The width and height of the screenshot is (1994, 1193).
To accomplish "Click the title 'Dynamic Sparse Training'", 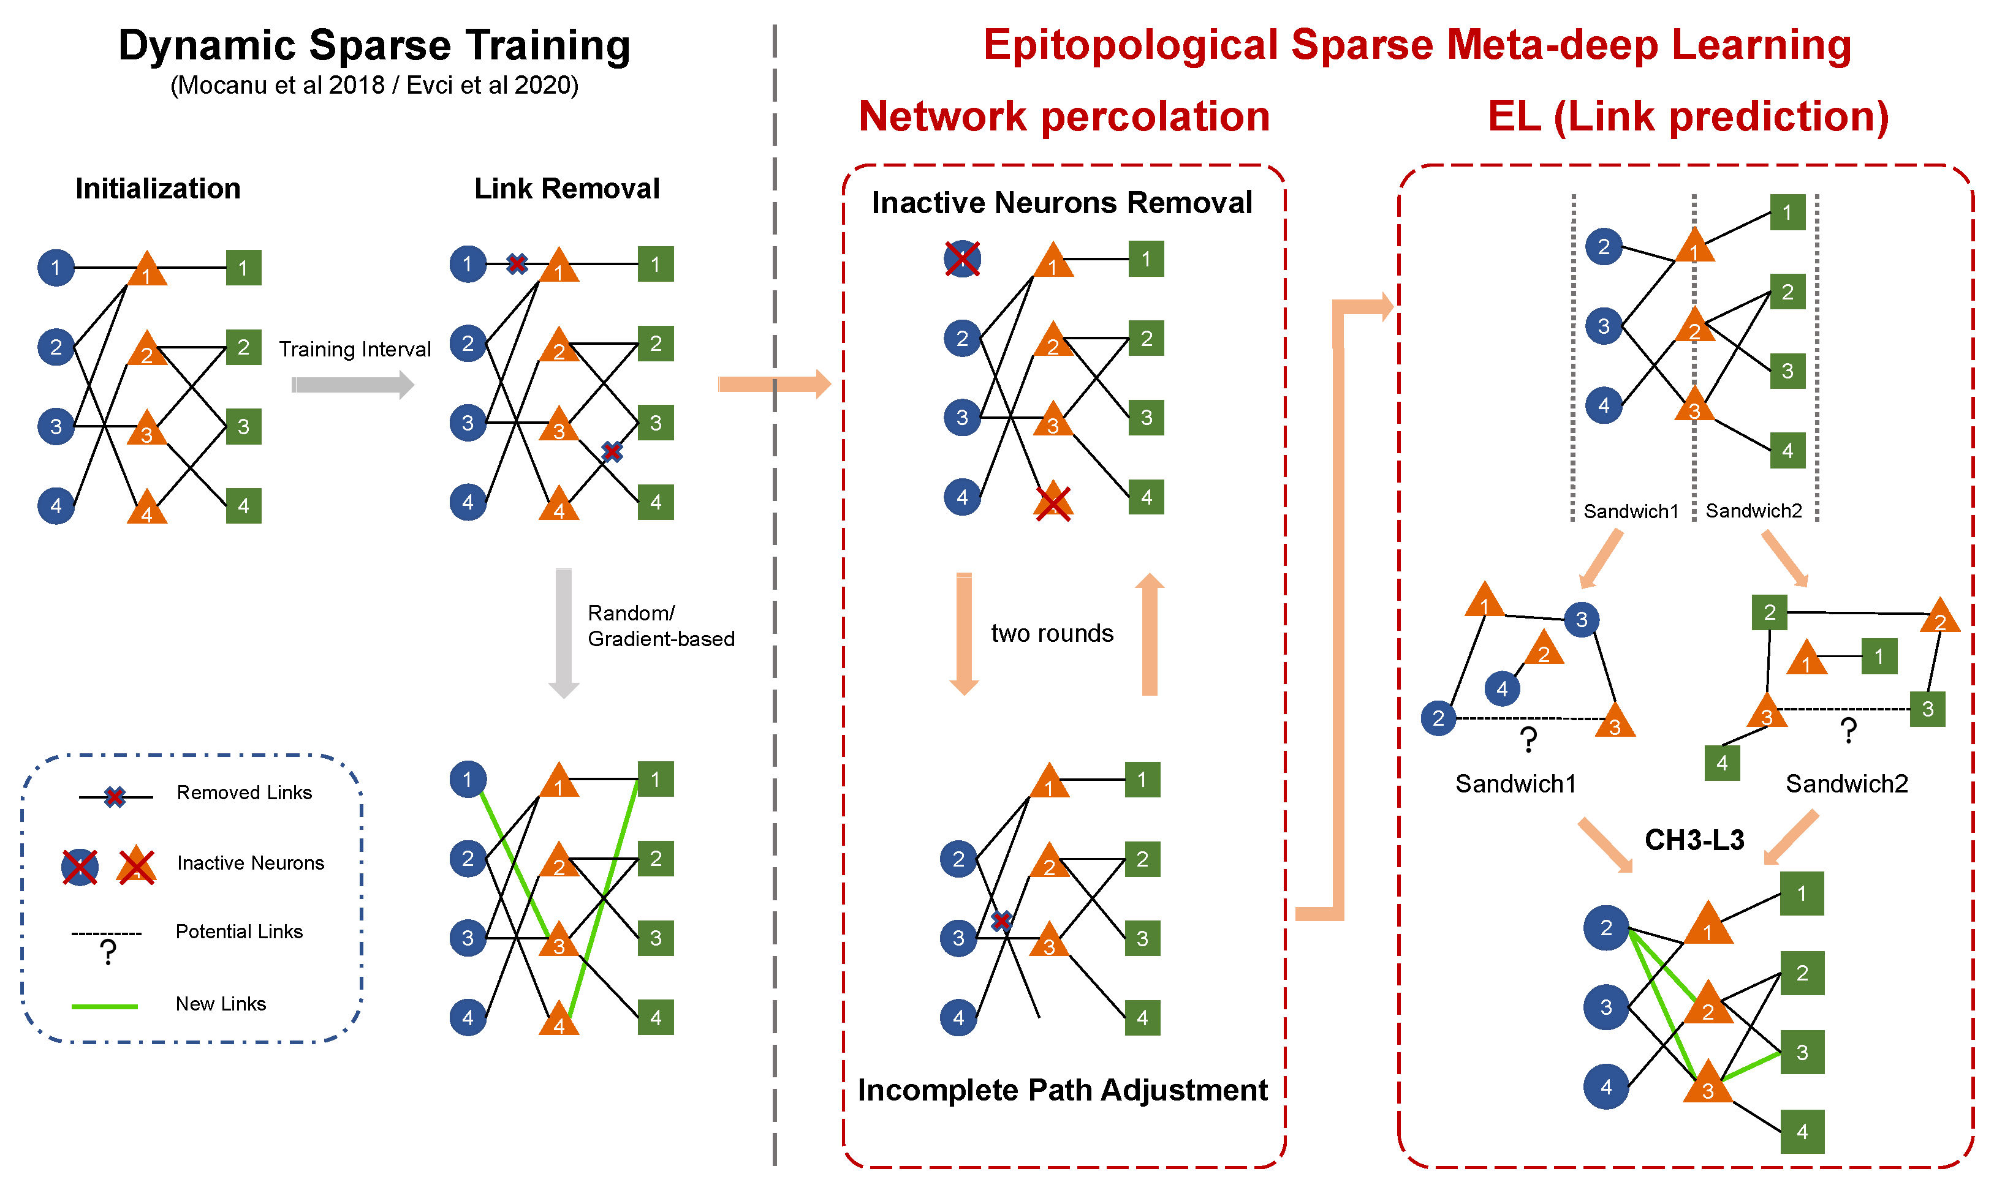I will (x=374, y=45).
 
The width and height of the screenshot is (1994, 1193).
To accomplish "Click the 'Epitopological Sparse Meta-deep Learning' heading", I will (x=1417, y=45).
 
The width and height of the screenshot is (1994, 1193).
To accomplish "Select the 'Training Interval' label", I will (x=355, y=349).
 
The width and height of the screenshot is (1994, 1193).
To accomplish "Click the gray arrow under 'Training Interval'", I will (x=352, y=385).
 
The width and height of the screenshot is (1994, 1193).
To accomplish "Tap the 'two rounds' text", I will (x=1052, y=633).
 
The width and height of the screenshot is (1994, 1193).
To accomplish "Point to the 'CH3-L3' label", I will (x=1694, y=840).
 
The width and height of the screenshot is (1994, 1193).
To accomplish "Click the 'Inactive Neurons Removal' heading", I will (x=1062, y=203).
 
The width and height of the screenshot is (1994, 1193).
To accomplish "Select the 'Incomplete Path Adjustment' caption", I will (x=1062, y=1090).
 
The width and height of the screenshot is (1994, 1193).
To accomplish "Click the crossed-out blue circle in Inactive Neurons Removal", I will (x=962, y=259).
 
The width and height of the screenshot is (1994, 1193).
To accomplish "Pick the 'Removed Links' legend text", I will (x=244, y=792).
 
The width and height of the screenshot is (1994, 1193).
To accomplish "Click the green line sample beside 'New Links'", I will (x=105, y=1006).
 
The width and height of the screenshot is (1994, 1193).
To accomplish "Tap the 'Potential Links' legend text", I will (x=239, y=931).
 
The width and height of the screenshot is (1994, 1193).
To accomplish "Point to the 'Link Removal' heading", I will (x=566, y=189).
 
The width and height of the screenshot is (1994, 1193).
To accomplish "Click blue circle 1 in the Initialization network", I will (x=56, y=268).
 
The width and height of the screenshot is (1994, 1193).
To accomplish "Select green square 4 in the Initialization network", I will (x=244, y=506).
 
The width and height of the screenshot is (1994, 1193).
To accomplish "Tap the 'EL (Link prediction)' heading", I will (x=1688, y=116).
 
